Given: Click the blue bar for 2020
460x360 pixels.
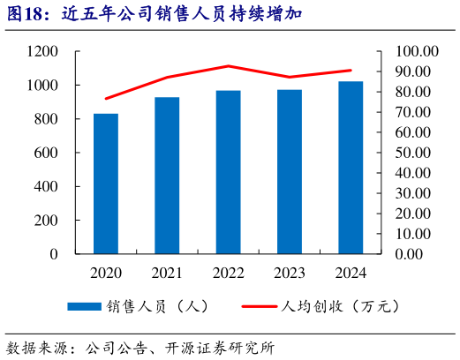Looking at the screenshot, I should point(106,184).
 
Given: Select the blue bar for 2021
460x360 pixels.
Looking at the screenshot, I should point(168,176).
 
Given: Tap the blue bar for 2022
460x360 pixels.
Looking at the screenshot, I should point(229,172).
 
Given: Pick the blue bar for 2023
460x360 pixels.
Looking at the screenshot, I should point(290,172).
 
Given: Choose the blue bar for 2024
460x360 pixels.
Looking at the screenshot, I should point(351,168).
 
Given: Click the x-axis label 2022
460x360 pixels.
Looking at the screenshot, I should point(229,273).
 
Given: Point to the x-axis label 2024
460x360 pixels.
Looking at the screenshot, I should point(351,273).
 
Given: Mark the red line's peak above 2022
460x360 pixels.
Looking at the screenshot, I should point(229,66).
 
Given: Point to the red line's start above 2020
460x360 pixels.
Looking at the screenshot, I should point(106,98).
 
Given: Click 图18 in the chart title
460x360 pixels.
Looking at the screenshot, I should point(27,15).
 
